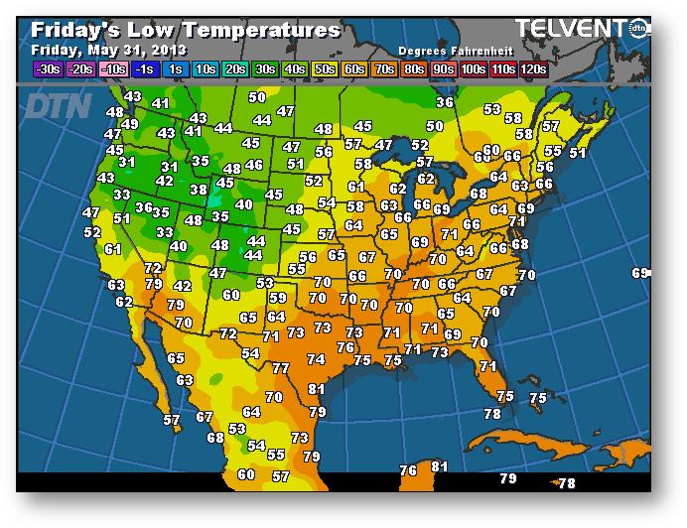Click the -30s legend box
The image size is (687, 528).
point(47,69)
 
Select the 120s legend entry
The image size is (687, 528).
point(534,69)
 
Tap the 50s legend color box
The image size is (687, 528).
point(324,69)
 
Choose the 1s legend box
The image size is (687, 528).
point(176,69)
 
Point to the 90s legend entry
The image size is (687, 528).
point(444,69)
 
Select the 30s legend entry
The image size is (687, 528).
point(265,69)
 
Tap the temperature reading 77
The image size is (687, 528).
point(281,368)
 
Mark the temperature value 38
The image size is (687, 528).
point(199,190)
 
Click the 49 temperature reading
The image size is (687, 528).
point(130,124)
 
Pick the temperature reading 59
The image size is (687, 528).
point(278,298)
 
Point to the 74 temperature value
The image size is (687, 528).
point(316,359)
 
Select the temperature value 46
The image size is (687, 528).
point(255,166)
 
